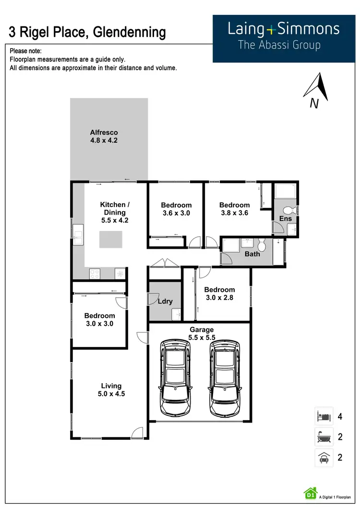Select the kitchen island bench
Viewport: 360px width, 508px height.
110,239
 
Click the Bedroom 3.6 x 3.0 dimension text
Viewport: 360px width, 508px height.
176,213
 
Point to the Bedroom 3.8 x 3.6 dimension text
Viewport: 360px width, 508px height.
234,213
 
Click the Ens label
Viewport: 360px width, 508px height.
285,219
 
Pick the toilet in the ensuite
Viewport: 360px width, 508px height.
288,210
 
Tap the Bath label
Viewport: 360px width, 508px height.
252,254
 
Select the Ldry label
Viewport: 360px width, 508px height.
165,302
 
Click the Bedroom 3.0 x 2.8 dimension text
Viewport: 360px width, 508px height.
219,298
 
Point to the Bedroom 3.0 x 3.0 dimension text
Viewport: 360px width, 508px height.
99,324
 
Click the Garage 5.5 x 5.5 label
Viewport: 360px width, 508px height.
201,334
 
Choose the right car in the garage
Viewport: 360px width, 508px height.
225,377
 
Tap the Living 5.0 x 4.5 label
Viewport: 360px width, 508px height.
111,390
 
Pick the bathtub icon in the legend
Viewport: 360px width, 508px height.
323,437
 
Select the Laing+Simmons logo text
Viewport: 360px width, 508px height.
283,29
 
